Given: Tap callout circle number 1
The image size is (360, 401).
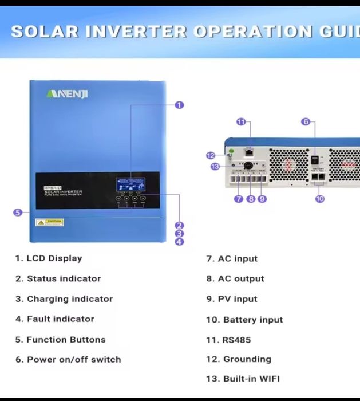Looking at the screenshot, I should coord(179,105).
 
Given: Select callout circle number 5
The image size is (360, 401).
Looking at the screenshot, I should coord(18,212).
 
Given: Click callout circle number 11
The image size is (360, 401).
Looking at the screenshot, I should coord(241,121).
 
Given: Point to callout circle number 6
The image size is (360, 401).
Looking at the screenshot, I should coord(306,121).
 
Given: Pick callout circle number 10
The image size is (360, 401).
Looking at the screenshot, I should coord(319,199).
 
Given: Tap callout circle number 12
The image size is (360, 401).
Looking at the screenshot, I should coord(210,155).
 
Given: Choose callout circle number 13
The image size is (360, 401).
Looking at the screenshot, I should coord(215,166).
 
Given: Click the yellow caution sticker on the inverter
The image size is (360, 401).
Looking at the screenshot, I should coord(50,222).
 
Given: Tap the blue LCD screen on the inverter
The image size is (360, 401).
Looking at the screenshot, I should coord(130,184).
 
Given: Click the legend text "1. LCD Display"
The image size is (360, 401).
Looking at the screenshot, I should coord(49,258).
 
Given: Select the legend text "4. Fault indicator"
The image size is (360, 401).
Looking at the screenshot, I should coord(55,319).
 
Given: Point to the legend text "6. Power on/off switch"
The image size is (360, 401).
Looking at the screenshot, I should coord(68,360).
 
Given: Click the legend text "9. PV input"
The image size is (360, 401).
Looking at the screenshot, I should coord(232,299).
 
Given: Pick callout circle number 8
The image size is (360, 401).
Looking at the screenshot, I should coord(251,199).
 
